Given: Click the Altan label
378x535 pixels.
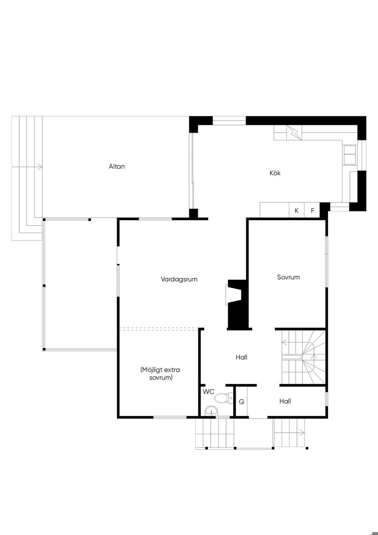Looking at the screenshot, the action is tap(117, 166).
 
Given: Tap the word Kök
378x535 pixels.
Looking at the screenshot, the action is tap(275, 173).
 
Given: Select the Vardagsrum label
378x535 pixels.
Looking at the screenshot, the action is tap(179, 279).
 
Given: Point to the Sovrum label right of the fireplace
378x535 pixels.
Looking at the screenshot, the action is tap(288, 277).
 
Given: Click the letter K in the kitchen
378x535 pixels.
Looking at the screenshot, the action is tap(297, 211).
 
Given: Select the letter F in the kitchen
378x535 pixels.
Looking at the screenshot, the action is tap(312, 211).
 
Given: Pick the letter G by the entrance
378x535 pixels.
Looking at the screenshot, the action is tap(241, 402).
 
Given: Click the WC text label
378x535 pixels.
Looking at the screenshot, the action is tap(209, 391).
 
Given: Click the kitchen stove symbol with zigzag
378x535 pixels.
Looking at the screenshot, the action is tap(294, 133).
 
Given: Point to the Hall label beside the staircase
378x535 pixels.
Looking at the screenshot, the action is tap(241, 357).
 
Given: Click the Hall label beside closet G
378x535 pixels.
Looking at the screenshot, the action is tap(285, 401).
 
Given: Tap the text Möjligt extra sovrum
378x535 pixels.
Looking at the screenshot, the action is tap(160, 374).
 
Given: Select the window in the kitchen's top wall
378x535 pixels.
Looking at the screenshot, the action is tap(229, 120).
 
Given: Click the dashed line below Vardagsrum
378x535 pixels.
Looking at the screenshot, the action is tap(159, 329).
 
